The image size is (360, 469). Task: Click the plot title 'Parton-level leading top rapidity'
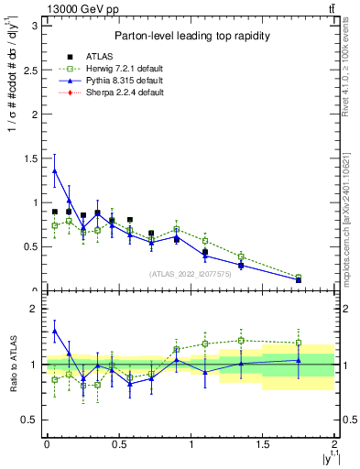click(x=191, y=36)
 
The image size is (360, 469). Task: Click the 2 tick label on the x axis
click(x=334, y=445)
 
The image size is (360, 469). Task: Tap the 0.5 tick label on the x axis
click(x=118, y=445)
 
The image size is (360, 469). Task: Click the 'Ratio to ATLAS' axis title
click(x=10, y=364)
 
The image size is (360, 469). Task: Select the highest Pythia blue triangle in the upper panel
click(x=55, y=170)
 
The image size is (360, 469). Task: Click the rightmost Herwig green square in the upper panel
click(x=299, y=277)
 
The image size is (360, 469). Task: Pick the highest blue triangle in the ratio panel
click(x=55, y=332)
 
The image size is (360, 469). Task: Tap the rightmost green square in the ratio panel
click(x=299, y=344)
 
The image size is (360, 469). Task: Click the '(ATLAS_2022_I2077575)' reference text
click(x=191, y=274)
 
